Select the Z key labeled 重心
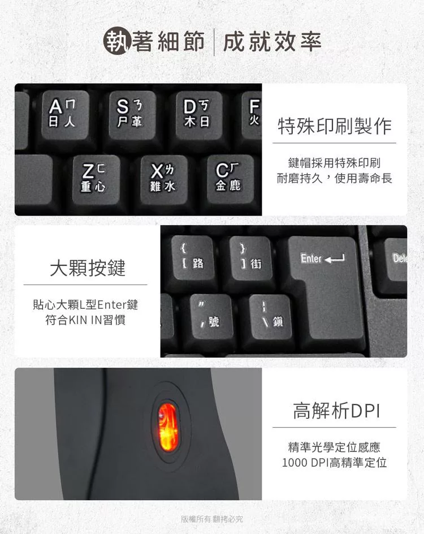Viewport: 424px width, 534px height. pyautogui.click(x=96, y=179)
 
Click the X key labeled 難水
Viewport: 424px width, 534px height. pyautogui.click(x=164, y=179)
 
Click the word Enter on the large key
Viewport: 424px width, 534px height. pyautogui.click(x=311, y=259)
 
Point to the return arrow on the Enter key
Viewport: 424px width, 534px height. pyautogui.click(x=335, y=259)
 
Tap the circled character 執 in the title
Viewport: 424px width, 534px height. pyautogui.click(x=117, y=41)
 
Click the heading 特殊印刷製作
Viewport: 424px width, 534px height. pyautogui.click(x=335, y=126)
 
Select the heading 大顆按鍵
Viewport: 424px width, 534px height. pyautogui.click(x=88, y=268)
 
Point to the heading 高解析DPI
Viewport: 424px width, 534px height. pyautogui.click(x=336, y=410)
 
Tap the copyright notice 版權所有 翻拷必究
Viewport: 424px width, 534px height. pyautogui.click(x=211, y=519)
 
